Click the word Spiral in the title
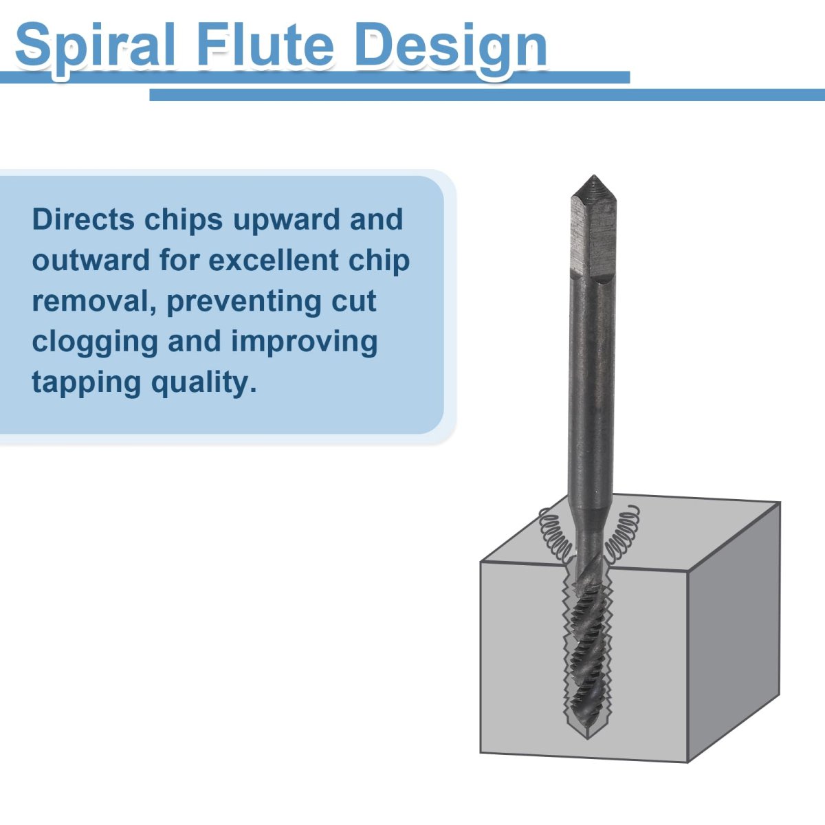pos(95,46)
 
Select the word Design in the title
pos(451,46)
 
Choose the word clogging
pos(95,343)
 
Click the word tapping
pos(87,383)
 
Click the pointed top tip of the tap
pos(593,175)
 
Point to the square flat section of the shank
pos(593,236)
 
